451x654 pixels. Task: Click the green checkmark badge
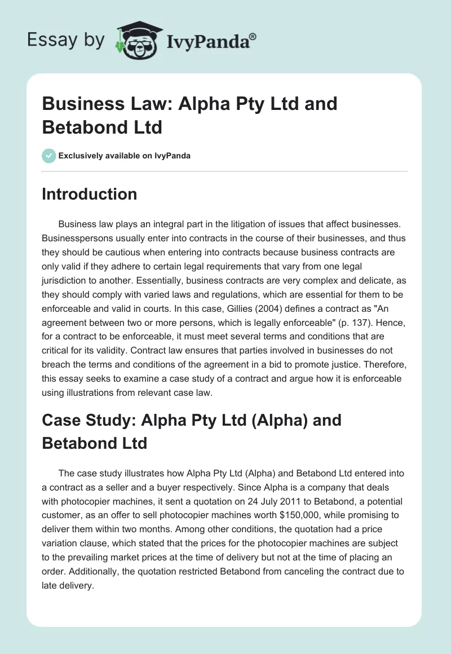[48, 156]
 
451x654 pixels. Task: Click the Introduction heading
[90, 195]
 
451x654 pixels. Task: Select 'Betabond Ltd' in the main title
[102, 127]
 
